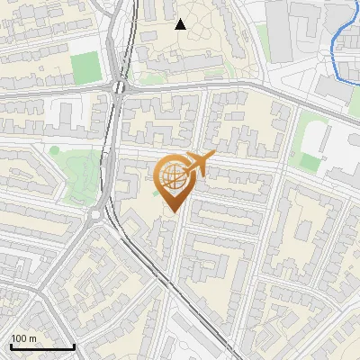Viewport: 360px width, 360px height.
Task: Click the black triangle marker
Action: tap(180, 24)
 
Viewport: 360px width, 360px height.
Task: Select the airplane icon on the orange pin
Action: tap(197, 165)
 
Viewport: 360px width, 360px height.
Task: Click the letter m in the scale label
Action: tap(33, 338)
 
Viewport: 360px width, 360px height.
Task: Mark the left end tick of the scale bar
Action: tap(10, 346)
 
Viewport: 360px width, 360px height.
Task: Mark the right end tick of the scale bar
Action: tap(74, 346)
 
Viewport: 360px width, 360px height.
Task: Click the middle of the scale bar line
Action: tap(42, 347)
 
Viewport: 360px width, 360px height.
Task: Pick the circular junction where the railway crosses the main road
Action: tap(120, 86)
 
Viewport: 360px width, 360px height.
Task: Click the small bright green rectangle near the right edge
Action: tap(310, 161)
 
